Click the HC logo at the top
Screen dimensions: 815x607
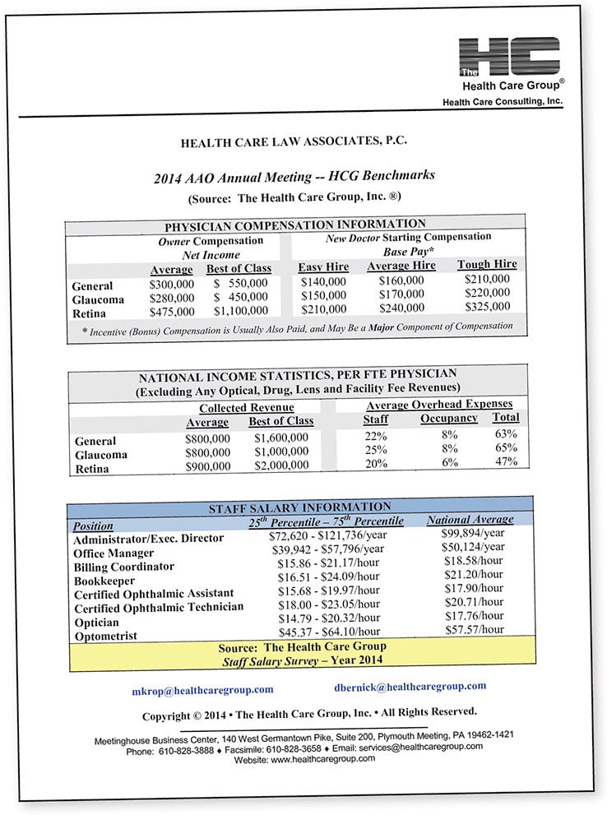[x=509, y=57]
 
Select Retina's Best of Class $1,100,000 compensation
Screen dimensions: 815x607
[x=240, y=311]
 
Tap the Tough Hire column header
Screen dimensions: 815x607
[x=487, y=265]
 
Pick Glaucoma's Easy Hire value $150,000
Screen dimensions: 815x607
[x=323, y=295]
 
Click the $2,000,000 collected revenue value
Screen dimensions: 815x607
[x=281, y=465]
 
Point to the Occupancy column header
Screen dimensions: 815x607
[x=449, y=418]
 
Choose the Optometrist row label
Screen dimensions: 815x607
[x=107, y=637]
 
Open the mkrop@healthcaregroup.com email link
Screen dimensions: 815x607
[x=202, y=689]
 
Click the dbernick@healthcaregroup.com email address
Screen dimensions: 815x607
[x=410, y=686]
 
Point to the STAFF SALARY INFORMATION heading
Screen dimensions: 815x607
[x=300, y=507]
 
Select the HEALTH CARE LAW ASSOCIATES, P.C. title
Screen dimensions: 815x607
[x=294, y=142]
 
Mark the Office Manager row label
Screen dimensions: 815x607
[x=114, y=553]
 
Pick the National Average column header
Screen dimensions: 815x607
[x=470, y=519]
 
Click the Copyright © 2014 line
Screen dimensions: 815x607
[x=309, y=713]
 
